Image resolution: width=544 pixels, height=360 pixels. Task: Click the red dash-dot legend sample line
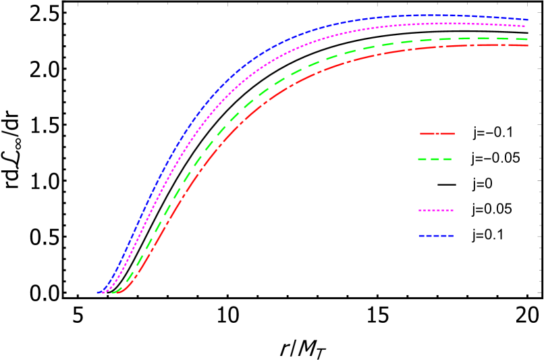pos(437,134)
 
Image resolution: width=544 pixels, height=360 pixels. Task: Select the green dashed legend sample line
pos(435,159)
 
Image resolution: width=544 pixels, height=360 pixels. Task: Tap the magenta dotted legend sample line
pos(435,211)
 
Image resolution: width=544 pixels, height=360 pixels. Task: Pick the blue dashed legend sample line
pos(435,236)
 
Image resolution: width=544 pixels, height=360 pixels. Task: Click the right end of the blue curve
pos(528,20)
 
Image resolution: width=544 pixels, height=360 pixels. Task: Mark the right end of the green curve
pos(528,39)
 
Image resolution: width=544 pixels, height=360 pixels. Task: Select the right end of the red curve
pos(528,45)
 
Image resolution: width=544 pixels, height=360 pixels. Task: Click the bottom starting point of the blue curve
pos(98,292)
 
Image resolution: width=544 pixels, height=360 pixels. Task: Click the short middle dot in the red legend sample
pos(437,134)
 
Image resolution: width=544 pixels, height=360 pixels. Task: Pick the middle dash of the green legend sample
pos(435,159)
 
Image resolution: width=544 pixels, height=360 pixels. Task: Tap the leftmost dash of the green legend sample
pos(423,159)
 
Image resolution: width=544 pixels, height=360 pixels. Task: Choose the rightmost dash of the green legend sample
pos(447,159)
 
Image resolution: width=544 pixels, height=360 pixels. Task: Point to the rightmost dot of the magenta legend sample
pos(452,211)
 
